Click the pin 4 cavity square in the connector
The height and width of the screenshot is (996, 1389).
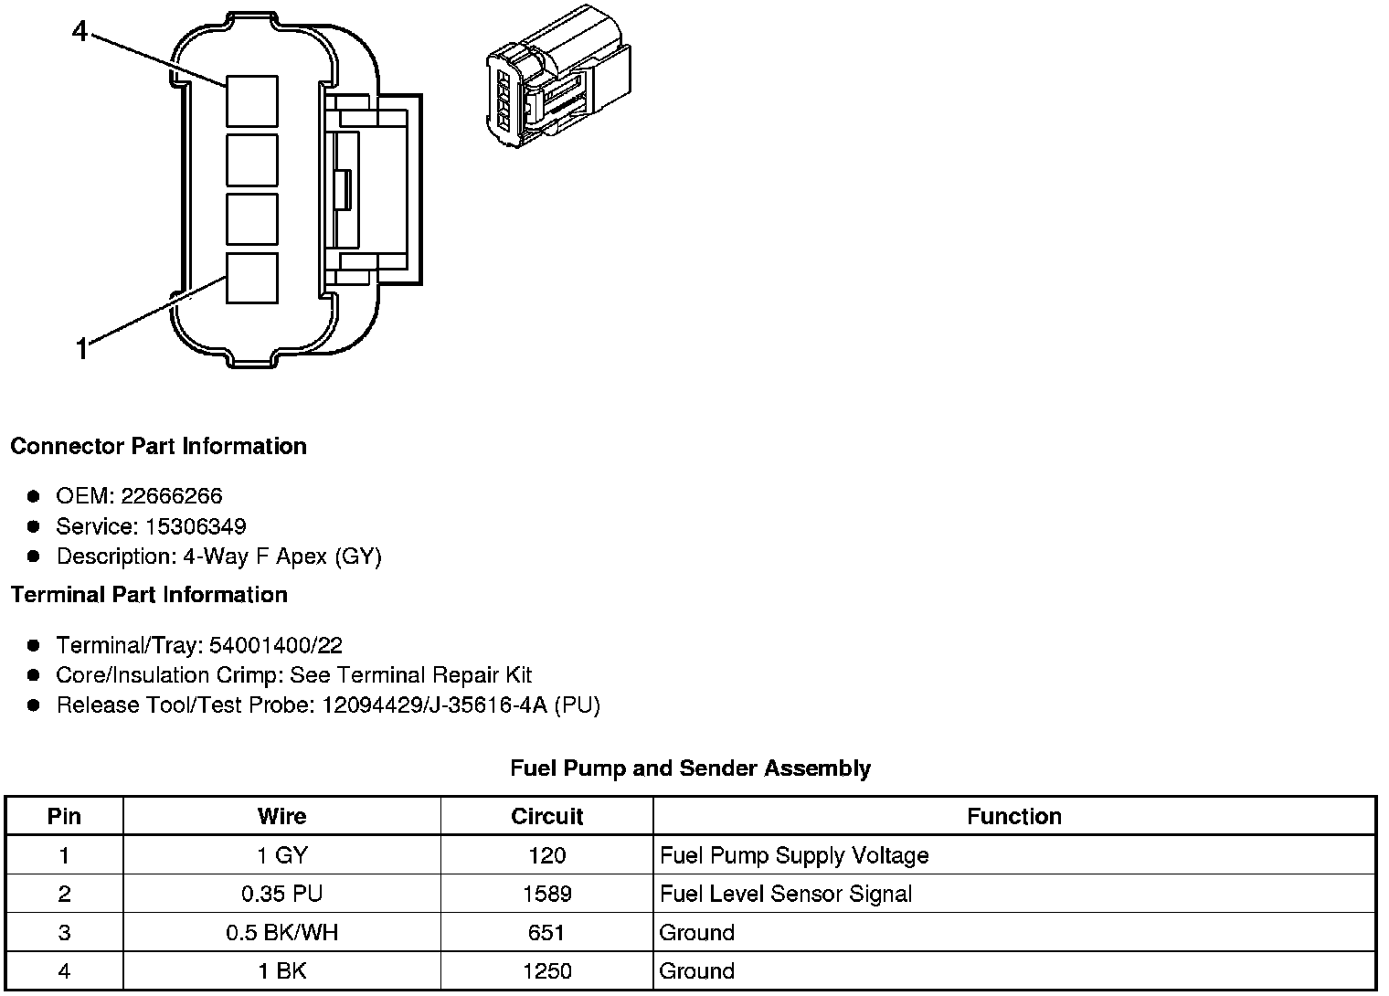click(251, 101)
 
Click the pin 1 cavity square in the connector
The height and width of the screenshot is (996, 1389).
click(251, 278)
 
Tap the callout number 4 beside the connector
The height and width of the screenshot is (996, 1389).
click(80, 32)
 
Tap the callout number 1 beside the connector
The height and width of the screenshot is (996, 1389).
click(81, 348)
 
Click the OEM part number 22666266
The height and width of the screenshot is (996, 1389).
click(172, 496)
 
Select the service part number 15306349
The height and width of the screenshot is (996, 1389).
click(196, 526)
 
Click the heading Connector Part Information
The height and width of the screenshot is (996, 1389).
click(158, 446)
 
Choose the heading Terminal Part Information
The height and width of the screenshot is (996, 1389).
click(149, 595)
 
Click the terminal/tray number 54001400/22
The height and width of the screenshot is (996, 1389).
click(276, 646)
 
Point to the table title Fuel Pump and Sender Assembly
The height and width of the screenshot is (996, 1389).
click(690, 768)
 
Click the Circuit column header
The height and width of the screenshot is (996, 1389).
click(546, 816)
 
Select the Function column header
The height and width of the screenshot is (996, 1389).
click(1014, 816)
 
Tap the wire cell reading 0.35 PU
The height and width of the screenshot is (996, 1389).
click(281, 894)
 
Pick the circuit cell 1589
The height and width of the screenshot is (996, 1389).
click(546, 894)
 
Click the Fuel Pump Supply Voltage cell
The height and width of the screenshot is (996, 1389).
click(794, 855)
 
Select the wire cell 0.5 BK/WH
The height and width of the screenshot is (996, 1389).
click(281, 932)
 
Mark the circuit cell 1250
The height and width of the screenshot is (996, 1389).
click(546, 970)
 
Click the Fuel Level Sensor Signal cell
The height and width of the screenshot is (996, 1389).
click(786, 894)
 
